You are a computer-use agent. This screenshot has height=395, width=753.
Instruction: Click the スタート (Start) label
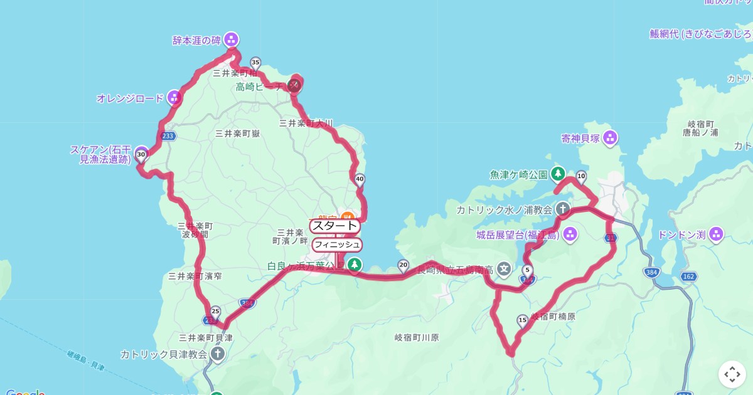click(x=335, y=226)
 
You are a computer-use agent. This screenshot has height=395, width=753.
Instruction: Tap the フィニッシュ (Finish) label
click(x=337, y=244)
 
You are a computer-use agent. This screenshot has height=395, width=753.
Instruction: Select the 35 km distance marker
click(x=255, y=63)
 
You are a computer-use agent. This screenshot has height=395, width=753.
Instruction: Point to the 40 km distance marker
click(x=360, y=179)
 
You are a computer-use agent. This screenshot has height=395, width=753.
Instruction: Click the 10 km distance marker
click(x=581, y=176)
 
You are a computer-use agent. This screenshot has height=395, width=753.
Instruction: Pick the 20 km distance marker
click(x=403, y=265)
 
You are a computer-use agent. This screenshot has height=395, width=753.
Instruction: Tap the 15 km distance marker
click(x=522, y=320)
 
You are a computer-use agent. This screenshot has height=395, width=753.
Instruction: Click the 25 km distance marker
click(x=216, y=312)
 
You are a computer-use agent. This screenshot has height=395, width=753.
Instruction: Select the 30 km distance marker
click(x=141, y=154)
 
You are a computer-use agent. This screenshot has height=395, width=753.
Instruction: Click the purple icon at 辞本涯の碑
click(x=232, y=39)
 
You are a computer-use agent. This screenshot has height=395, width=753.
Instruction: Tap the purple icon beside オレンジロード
click(x=174, y=98)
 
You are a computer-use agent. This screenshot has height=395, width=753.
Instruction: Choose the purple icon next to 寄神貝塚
click(x=610, y=138)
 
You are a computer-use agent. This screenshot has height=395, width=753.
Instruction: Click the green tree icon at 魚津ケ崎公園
click(x=558, y=174)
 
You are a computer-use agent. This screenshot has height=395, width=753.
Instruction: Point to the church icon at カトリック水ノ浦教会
click(x=563, y=209)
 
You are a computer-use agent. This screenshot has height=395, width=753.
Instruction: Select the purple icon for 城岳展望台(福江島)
click(x=570, y=235)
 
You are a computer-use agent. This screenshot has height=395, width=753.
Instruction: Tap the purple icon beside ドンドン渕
click(x=716, y=235)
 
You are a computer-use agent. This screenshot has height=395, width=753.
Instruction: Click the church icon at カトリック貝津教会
click(x=217, y=354)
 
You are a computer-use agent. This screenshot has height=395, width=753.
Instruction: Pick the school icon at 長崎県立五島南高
click(x=504, y=269)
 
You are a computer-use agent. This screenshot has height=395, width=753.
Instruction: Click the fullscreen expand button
click(x=732, y=374)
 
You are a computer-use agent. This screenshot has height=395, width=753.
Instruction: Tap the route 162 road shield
click(x=689, y=276)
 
